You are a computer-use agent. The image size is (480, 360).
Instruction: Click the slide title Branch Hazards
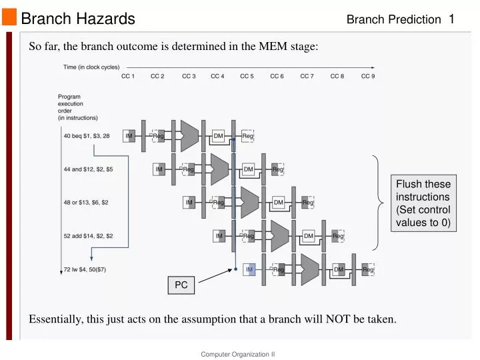coord(78,19)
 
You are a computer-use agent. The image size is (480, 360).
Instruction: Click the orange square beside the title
coord(9,19)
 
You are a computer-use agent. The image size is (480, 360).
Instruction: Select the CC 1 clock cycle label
coord(128,77)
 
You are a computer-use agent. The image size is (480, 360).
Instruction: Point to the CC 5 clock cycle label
coord(247,77)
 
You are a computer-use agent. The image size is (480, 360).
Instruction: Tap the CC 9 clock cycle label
coord(368,77)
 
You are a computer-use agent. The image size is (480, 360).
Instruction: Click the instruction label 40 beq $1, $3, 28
coord(87,136)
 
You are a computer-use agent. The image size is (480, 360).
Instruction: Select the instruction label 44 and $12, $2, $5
coord(88,169)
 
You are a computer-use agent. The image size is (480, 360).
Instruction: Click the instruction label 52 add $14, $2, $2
coord(88,235)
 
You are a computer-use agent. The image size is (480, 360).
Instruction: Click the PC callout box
coord(181,285)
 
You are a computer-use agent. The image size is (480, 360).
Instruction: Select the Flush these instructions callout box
coord(423,204)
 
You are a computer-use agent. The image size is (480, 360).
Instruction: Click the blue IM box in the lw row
coord(249,269)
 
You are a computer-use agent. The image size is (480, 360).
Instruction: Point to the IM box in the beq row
coord(129,136)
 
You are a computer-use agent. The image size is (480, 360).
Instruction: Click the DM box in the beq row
coord(219,136)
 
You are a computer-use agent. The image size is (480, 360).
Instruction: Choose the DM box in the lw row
coord(339,269)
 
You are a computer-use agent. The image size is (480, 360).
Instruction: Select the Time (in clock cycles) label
coord(87,67)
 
